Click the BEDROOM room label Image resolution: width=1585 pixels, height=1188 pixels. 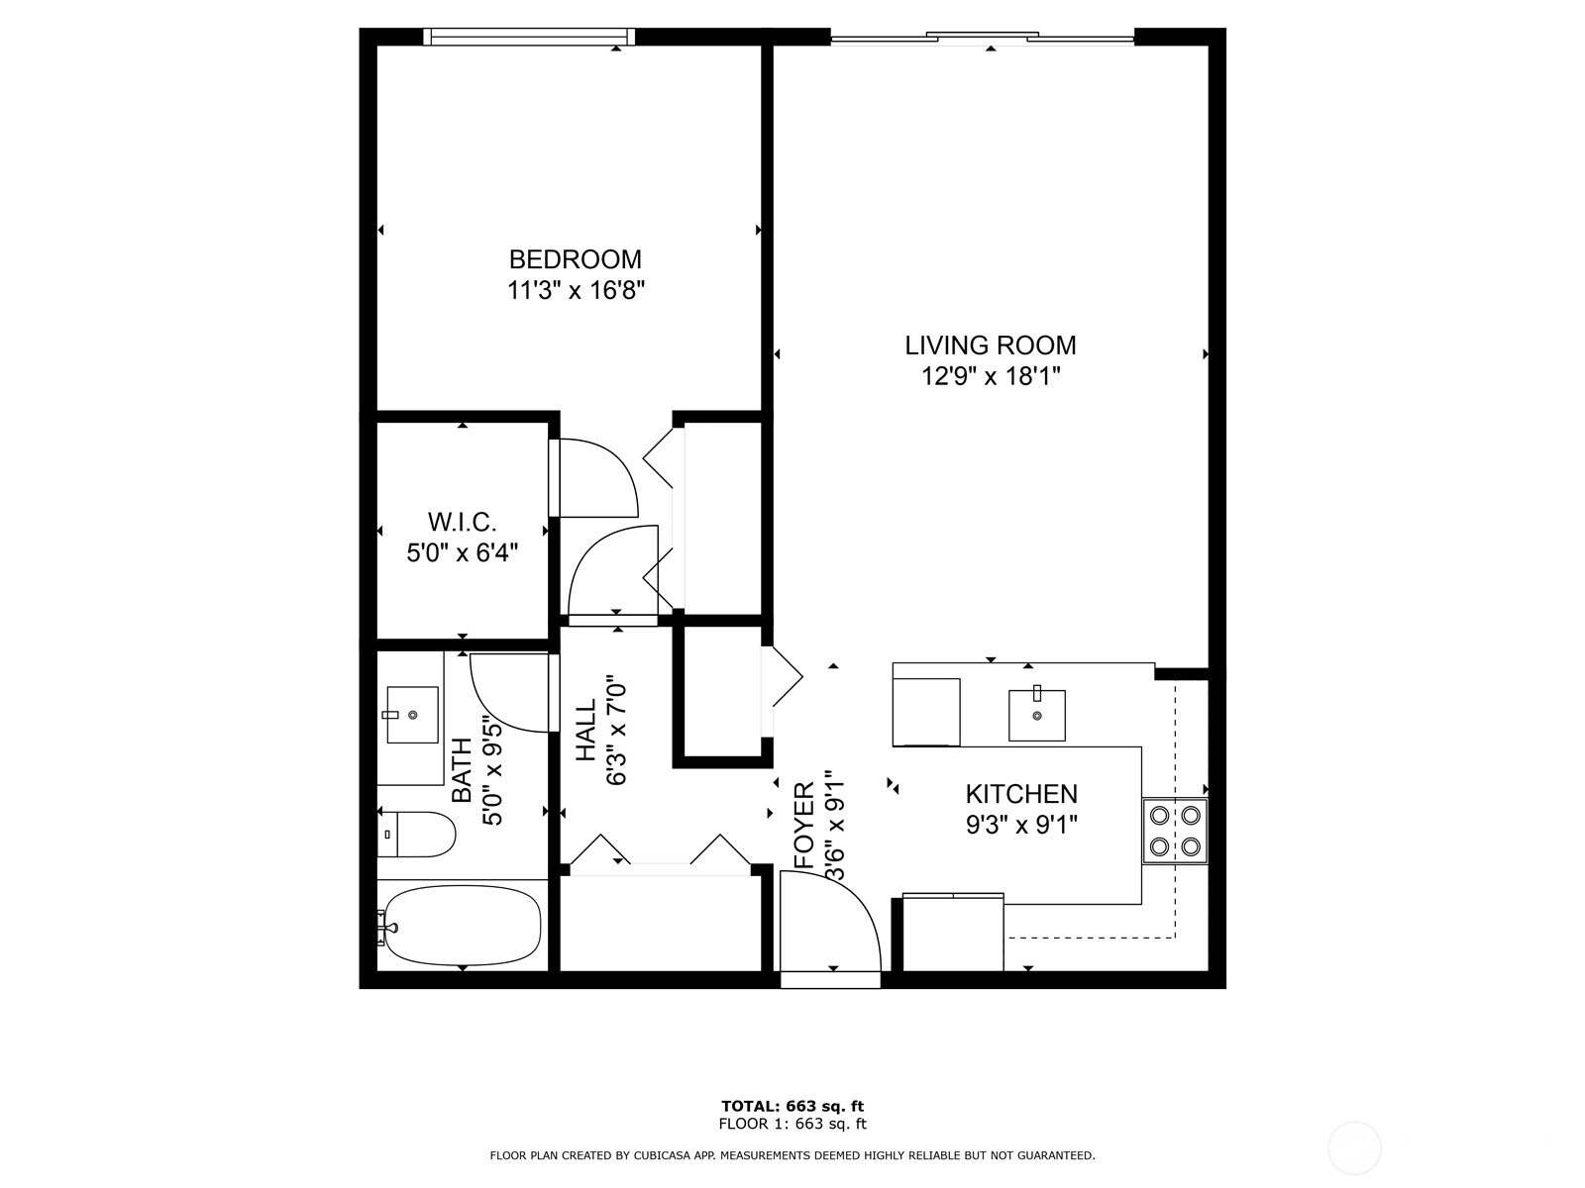[x=575, y=259]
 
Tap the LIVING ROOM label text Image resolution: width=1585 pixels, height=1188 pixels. [x=990, y=346]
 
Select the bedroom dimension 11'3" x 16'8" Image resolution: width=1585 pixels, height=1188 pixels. [x=575, y=291]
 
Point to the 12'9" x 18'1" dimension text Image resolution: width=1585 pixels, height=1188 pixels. [x=990, y=376]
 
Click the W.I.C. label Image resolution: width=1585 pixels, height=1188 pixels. [x=463, y=522]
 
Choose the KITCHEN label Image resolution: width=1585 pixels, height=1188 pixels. [x=1021, y=794]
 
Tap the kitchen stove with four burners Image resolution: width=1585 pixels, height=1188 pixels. [x=1174, y=831]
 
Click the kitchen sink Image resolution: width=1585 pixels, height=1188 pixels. [x=1037, y=715]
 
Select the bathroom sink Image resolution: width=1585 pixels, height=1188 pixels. [x=412, y=714]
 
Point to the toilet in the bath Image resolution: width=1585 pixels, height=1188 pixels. [x=416, y=834]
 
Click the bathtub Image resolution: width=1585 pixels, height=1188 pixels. [x=463, y=926]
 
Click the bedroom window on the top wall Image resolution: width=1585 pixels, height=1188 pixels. [x=529, y=36]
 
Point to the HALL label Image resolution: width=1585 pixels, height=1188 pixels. [x=585, y=730]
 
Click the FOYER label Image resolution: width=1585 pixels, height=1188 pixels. [x=804, y=826]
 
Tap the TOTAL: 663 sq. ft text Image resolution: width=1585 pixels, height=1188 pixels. [x=792, y=1106]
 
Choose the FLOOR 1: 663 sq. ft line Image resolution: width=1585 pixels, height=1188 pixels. [x=792, y=1124]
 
